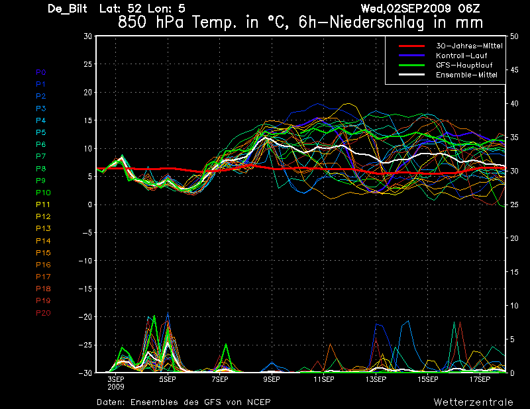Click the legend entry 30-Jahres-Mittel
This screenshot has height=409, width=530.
pos(469,46)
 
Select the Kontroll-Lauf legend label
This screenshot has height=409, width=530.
pos(461,56)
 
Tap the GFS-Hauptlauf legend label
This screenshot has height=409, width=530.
pos(464,65)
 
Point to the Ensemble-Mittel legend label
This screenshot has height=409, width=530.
pos(466,75)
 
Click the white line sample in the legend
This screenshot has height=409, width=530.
pos(411,75)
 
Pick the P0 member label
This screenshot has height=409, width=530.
pos(41,72)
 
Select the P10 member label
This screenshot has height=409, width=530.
pos(43,193)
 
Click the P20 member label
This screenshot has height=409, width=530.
pos(43,313)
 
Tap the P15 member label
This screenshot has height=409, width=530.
pos(43,253)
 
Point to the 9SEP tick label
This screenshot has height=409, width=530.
pos(272,379)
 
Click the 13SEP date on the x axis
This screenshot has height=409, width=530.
pos(376,379)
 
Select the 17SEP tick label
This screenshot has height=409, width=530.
pos(480,379)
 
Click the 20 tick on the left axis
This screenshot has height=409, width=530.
pos(88,92)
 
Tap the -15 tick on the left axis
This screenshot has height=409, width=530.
pos(85,289)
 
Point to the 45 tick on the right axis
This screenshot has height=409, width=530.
pos(514,70)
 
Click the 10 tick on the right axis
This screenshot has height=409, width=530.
pos(514,306)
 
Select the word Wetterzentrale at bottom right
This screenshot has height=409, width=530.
pos(474,402)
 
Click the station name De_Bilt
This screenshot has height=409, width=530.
pos(68,9)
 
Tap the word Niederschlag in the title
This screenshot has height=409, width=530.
pos(376,23)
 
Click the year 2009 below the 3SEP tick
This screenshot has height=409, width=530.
pos(116,387)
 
